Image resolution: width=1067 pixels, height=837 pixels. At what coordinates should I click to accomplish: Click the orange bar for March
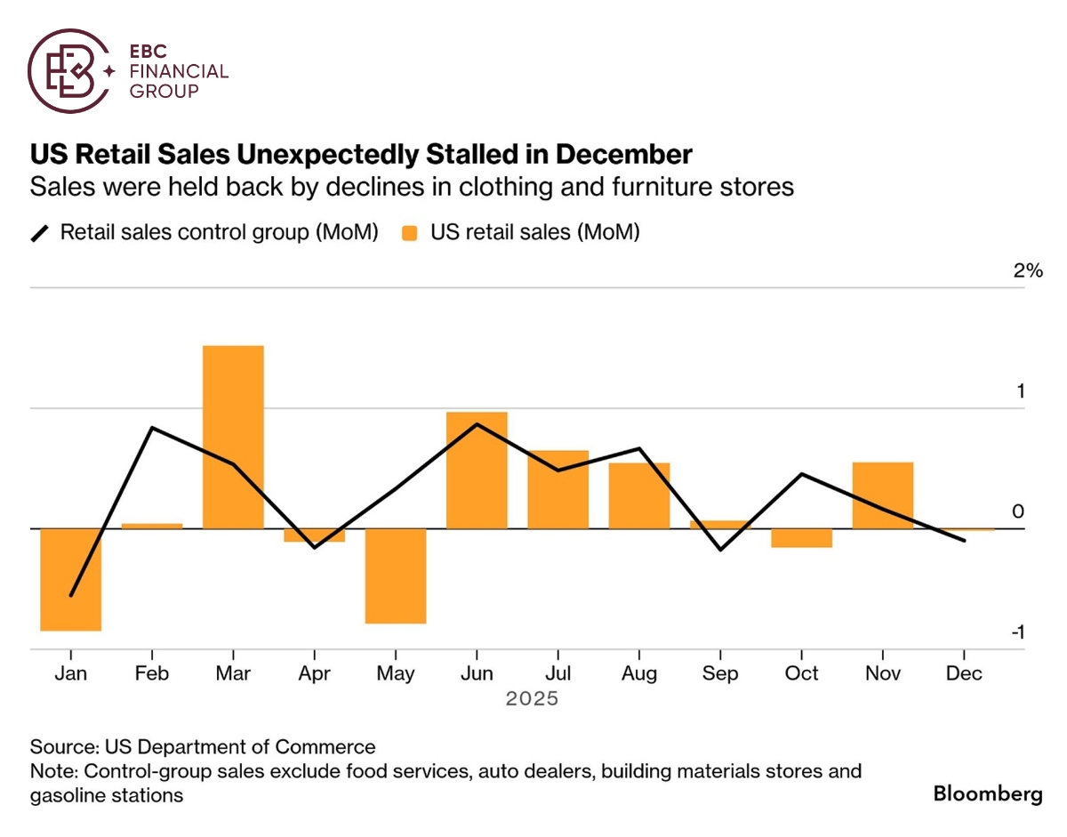click(233, 437)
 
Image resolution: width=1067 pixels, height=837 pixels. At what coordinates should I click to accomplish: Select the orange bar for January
click(71, 579)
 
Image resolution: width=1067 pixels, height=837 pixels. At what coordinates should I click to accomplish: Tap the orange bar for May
click(396, 575)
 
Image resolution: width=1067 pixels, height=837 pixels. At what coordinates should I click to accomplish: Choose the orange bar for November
click(882, 495)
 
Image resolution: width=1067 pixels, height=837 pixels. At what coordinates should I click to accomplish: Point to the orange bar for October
click(801, 538)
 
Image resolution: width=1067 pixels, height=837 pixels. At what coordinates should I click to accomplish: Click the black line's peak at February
click(153, 428)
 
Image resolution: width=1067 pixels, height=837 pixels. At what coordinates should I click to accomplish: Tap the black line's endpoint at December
click(965, 540)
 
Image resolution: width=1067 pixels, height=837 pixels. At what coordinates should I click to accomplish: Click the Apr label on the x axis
click(314, 673)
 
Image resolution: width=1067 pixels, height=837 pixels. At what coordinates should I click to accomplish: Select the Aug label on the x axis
click(639, 673)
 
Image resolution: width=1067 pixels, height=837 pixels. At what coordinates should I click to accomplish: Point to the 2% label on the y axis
click(1027, 271)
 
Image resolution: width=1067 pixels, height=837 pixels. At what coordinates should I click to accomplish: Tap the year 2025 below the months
click(532, 699)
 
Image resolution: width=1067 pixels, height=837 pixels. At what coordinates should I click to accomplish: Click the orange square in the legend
click(410, 233)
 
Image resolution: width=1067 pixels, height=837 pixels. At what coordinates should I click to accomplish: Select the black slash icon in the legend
click(41, 233)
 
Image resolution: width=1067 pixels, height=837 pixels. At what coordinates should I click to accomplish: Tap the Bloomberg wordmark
click(988, 793)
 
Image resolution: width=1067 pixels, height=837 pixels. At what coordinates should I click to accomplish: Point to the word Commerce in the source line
click(332, 746)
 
